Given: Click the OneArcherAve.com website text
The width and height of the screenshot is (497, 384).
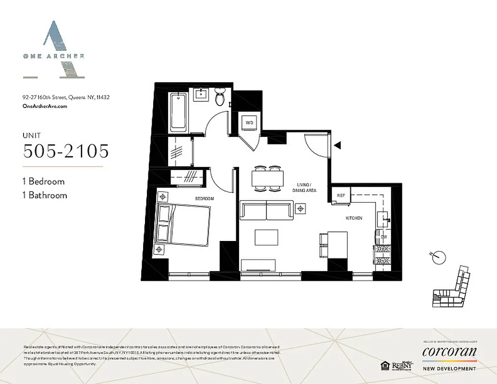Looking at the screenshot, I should [45, 107].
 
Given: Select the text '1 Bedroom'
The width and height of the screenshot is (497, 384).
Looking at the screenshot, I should [43, 181].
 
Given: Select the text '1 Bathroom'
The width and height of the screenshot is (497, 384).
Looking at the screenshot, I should [45, 195].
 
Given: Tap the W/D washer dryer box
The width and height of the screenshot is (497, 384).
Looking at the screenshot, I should [250, 123].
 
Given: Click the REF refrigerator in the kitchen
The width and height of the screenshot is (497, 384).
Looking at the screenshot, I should [341, 195].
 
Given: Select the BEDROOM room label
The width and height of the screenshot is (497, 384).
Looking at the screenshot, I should [204, 198].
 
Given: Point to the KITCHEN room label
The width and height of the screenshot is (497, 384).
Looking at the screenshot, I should [354, 218].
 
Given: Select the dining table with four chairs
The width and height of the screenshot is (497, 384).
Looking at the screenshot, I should [267, 179].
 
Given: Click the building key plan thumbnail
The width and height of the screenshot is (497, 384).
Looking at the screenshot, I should [451, 288].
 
